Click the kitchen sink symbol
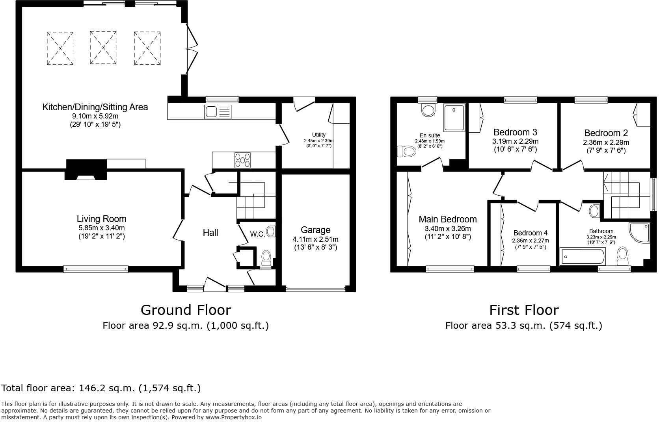tap(218, 111)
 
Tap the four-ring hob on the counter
tap(243, 160)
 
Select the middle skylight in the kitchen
tap(103, 48)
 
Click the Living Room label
tap(101, 219)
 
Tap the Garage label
tap(315, 230)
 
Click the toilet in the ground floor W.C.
tap(266, 257)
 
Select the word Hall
tap(210, 233)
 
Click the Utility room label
tap(318, 135)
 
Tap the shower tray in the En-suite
tap(454, 117)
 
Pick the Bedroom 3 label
tap(515, 132)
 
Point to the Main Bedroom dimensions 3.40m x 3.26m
tap(447, 229)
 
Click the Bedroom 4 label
tap(530, 233)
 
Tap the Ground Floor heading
tap(186, 310)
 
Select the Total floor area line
tap(101, 388)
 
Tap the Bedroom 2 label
tap(606, 133)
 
